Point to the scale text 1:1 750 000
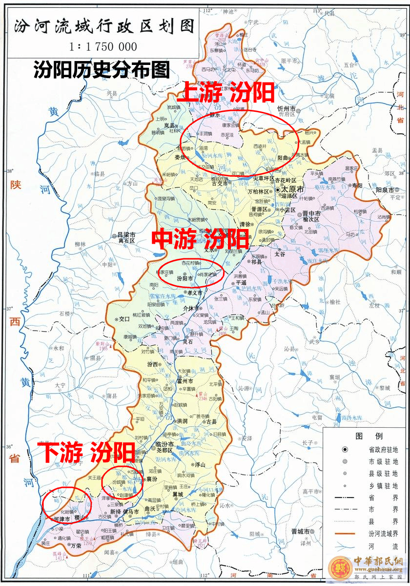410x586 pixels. [x=103, y=47]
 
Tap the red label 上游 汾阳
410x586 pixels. [x=225, y=92]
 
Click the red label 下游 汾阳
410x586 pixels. [x=86, y=452]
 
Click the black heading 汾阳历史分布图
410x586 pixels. [x=102, y=70]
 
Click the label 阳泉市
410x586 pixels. [x=385, y=189]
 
